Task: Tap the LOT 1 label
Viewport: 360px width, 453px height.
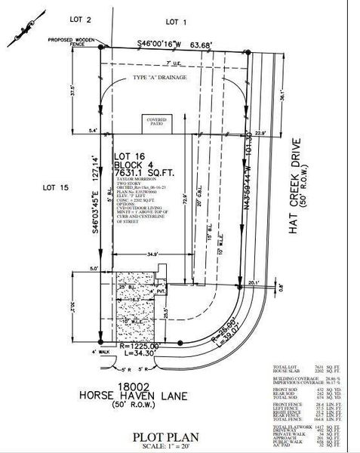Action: coord(175,21)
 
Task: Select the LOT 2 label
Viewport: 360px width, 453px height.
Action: coord(80,19)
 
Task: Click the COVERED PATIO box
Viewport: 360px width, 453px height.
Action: coord(156,122)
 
